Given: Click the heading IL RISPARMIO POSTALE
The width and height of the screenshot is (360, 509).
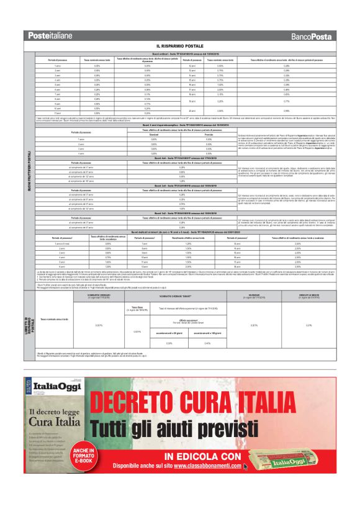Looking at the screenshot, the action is point(180,46).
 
